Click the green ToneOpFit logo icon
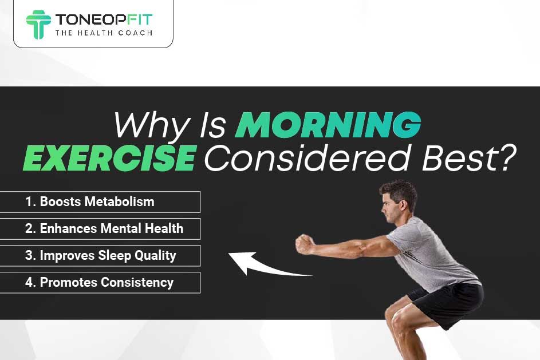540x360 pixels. click(x=38, y=25)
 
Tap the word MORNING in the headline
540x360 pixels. click(x=328, y=125)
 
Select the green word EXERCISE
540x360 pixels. click(x=109, y=158)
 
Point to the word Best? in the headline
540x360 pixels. click(x=469, y=157)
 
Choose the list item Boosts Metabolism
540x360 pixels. click(x=90, y=201)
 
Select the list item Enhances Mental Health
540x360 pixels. click(x=104, y=228)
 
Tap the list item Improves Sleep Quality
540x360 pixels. click(x=101, y=256)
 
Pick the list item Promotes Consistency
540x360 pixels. click(x=99, y=283)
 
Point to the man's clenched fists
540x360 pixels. click(x=305, y=244)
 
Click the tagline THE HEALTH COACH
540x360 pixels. click(x=104, y=33)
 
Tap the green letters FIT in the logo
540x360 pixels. click(x=140, y=19)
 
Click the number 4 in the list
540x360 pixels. click(x=29, y=283)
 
